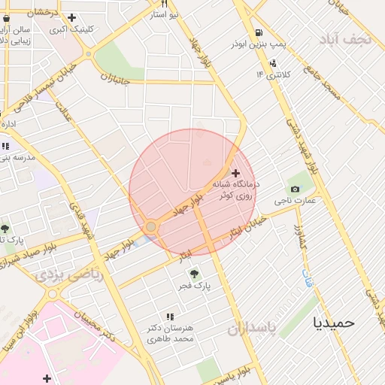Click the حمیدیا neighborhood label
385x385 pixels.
pos(333,322)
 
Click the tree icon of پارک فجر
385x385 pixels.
pos(195,274)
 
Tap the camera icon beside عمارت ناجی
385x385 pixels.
pos(294,188)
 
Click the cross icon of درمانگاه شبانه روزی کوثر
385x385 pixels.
pos(236,173)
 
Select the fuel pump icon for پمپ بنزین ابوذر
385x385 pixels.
pos(259,32)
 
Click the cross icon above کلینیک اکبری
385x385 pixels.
pos(71,17)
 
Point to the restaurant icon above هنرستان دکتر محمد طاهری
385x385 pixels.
pos(170,317)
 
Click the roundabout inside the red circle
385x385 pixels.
pos(151,226)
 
